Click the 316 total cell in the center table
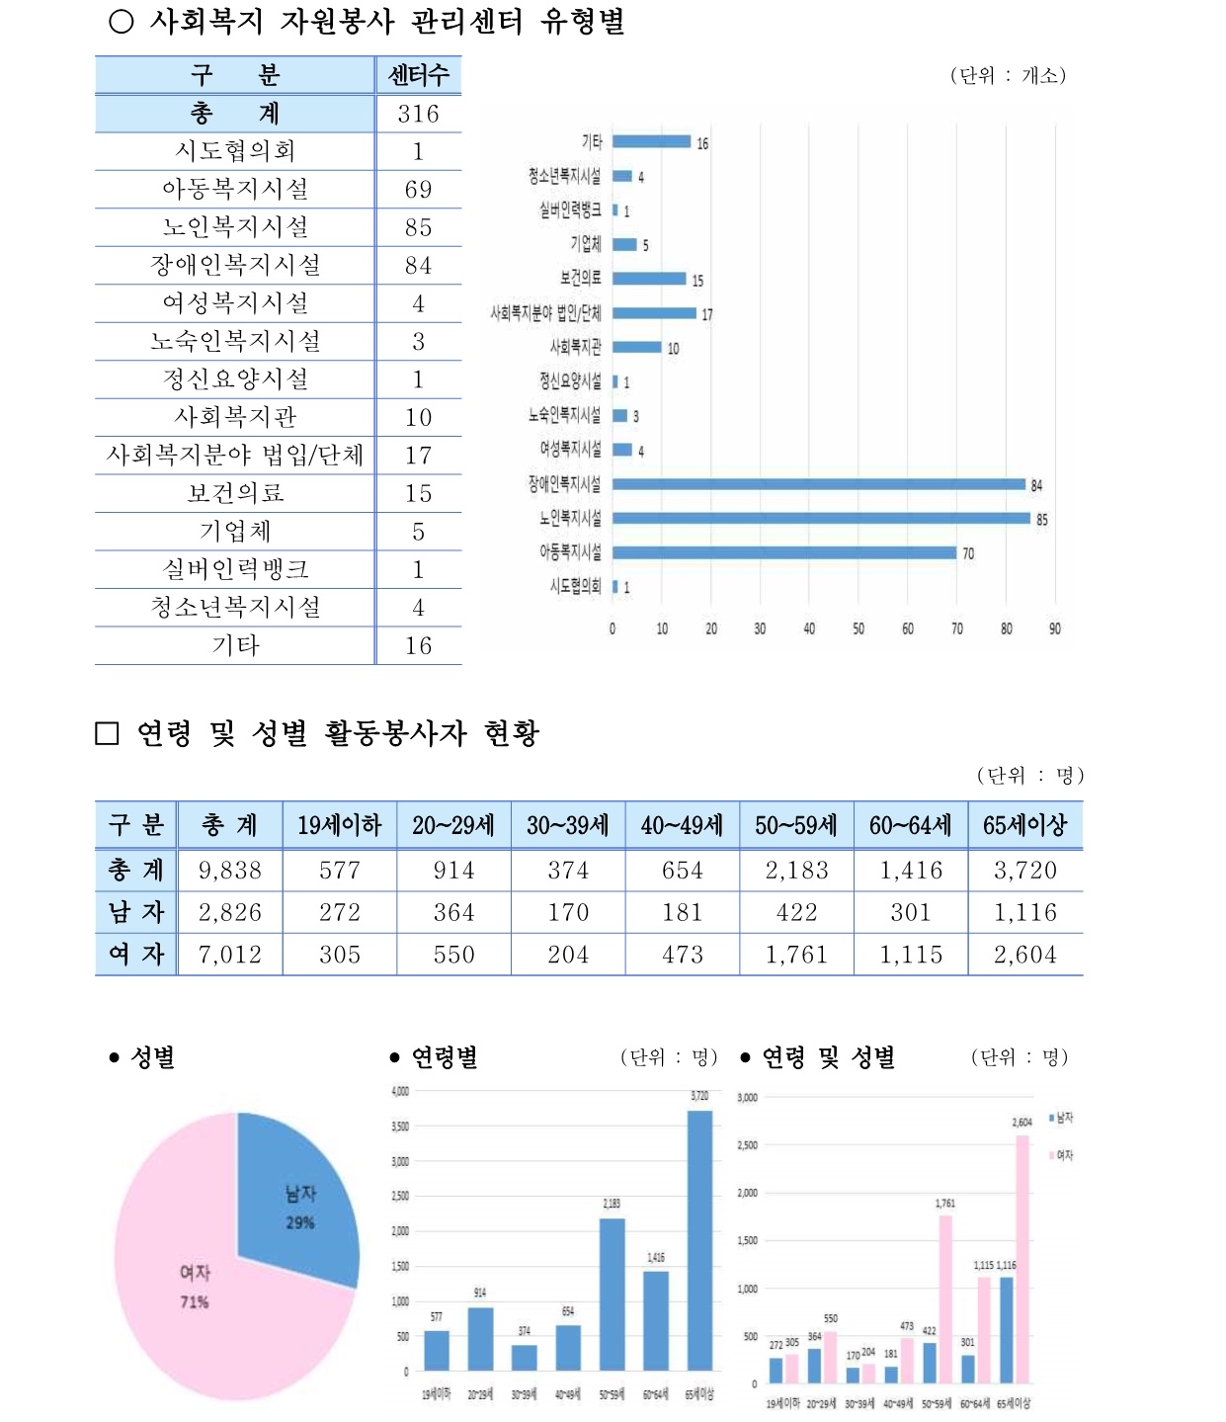(418, 114)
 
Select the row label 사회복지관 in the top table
(235, 417)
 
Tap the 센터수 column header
(418, 75)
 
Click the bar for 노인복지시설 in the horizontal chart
(820, 518)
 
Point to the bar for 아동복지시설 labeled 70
(784, 552)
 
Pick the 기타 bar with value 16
(651, 141)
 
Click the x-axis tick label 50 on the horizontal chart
(858, 628)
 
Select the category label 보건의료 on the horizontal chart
(580, 279)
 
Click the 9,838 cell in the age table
(230, 871)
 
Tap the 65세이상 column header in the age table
(1024, 825)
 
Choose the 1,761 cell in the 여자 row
(796, 955)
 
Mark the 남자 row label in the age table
(136, 912)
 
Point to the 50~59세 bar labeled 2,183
(612, 1295)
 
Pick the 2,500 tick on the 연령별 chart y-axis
(400, 1197)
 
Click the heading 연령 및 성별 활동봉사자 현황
(337, 733)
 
